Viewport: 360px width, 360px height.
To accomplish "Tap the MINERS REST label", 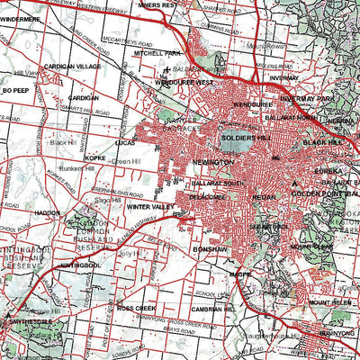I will click(x=181, y=5).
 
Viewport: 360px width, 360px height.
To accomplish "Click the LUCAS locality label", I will click(x=126, y=142).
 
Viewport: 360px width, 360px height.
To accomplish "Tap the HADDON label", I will click(x=47, y=213).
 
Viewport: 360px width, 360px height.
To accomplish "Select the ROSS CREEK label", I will click(x=137, y=308).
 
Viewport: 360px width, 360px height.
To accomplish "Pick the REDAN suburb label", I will click(x=265, y=194).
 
